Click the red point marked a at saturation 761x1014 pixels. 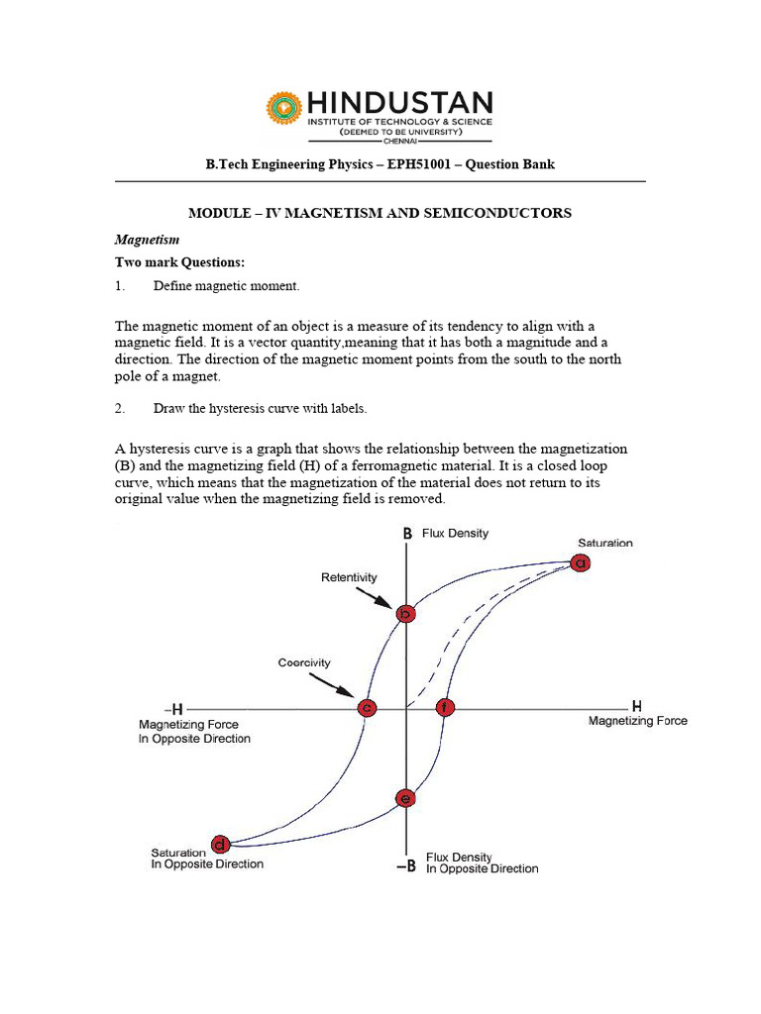pos(581,562)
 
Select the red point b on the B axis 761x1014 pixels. pos(405,614)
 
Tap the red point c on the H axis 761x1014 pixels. pos(367,708)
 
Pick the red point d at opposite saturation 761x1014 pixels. pos(221,845)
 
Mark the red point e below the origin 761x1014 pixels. pos(404,798)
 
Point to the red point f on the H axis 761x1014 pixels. pos(445,708)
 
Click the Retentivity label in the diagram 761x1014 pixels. pos(349,576)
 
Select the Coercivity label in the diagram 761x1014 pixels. pos(304,662)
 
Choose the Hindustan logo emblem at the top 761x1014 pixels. pos(282,108)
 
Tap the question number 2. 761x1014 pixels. pos(119,408)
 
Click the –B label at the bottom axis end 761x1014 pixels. pos(405,866)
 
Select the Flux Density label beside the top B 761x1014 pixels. pos(455,533)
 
